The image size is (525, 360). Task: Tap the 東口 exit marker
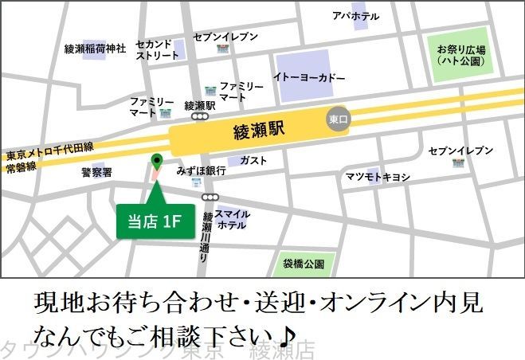point(338,119)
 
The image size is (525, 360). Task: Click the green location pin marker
point(156,162)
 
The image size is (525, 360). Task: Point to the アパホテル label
point(356,16)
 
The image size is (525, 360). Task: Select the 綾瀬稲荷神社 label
point(96,49)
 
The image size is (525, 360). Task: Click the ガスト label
point(253,160)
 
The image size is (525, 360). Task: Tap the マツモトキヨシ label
point(378,176)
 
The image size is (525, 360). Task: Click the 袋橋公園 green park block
point(304,263)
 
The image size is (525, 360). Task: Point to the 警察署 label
point(97,171)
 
